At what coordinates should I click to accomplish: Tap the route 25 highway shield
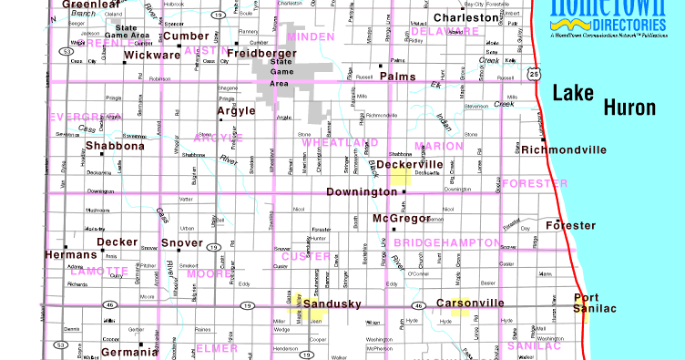tap(534, 73)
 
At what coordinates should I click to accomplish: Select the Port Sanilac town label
tap(593, 303)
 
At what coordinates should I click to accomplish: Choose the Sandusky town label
tap(332, 303)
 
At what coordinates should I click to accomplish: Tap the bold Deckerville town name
tap(410, 165)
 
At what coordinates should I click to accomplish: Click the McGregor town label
tap(401, 219)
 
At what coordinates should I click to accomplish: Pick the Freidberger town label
tap(262, 54)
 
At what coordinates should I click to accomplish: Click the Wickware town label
tap(152, 55)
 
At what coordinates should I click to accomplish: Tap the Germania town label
tap(129, 352)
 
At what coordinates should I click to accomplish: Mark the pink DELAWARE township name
tap(445, 31)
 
